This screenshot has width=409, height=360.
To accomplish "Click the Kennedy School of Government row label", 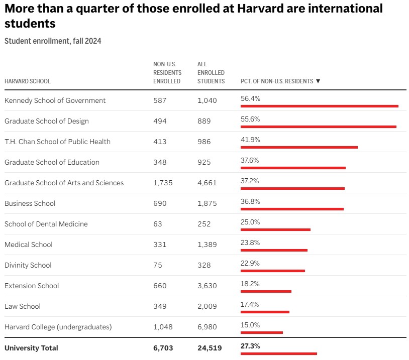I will pyautogui.click(x=55, y=100).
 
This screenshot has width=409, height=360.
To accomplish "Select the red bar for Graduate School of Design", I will pyautogui.click(x=319, y=127).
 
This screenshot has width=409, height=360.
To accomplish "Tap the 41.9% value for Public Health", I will pyautogui.click(x=250, y=140).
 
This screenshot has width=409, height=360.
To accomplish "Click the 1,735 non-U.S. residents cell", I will pyautogui.click(x=163, y=183).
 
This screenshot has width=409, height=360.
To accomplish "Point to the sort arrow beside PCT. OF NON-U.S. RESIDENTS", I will pyautogui.click(x=318, y=81).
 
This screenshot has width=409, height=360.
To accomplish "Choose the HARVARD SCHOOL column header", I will pyautogui.click(x=28, y=81).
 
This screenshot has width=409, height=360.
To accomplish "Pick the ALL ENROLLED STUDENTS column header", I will pyautogui.click(x=211, y=73).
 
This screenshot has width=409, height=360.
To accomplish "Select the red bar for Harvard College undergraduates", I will pyautogui.click(x=262, y=332).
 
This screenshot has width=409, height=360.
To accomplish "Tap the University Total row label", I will pyautogui.click(x=31, y=348).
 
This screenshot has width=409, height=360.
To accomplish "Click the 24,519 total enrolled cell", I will pyautogui.click(x=210, y=348).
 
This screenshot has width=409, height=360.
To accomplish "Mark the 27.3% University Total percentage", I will pyautogui.click(x=250, y=346).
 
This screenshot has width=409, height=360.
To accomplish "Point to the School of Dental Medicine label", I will pyautogui.click(x=46, y=224).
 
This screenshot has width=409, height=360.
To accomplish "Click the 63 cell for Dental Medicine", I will pyautogui.click(x=158, y=224).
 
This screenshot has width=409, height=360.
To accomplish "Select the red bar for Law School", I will pyautogui.click(x=265, y=312).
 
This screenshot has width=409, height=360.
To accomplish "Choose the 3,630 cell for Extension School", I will pyautogui.click(x=207, y=286).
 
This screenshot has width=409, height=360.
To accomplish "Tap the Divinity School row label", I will pyautogui.click(x=28, y=265).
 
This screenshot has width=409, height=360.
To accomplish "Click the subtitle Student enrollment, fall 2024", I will pyautogui.click(x=53, y=41).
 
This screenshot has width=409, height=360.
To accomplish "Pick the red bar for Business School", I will pyautogui.click(x=292, y=209).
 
